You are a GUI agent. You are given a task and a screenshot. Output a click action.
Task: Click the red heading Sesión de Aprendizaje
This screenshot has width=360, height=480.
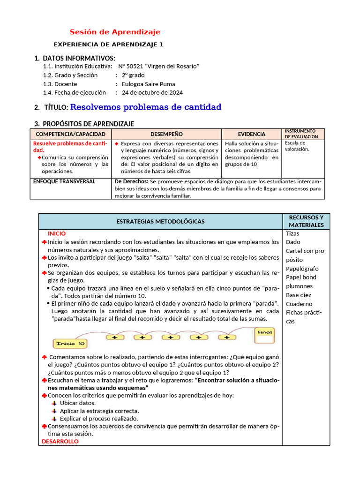click(115, 32)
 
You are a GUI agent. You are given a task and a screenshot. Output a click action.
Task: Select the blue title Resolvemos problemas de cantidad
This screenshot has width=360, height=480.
click(146, 107)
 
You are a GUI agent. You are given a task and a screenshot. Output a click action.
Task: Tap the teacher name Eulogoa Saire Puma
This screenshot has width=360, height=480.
click(148, 84)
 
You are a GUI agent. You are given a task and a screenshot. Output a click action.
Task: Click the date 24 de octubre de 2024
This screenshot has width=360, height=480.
click(152, 93)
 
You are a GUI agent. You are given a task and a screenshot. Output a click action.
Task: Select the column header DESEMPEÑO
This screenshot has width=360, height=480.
click(166, 134)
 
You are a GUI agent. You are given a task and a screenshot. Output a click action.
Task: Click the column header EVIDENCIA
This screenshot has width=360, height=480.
click(251, 134)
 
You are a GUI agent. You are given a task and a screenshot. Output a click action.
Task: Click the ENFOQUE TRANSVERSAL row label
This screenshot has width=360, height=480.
click(64, 181)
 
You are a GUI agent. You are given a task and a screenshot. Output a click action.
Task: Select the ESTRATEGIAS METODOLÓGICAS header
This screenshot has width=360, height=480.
click(160, 222)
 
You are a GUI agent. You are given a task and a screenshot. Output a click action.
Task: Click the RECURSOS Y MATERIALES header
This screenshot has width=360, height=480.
click(306, 221)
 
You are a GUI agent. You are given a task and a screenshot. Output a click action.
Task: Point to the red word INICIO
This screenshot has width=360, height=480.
click(57, 233)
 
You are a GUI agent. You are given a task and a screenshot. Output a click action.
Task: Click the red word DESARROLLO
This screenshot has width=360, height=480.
click(60, 442)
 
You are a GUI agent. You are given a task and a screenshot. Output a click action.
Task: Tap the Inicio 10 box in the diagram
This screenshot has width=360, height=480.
click(70, 344)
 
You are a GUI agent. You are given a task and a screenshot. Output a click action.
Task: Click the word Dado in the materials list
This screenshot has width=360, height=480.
click(293, 242)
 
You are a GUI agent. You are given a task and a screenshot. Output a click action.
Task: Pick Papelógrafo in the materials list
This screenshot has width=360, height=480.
click(302, 269)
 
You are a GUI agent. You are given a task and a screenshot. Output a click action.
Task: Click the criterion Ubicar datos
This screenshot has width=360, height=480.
click(78, 403)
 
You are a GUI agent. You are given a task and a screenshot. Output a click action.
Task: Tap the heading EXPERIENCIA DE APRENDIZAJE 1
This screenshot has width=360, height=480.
click(109, 45)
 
